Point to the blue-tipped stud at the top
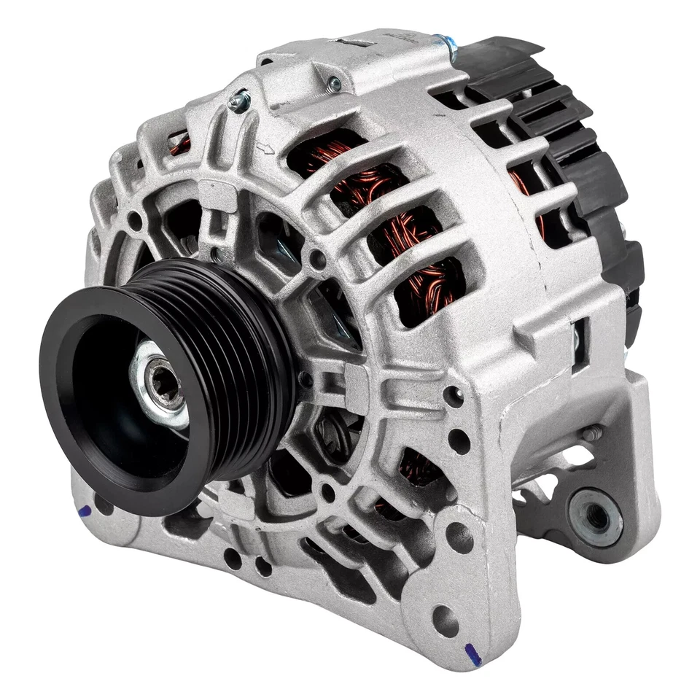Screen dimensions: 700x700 point(446,44)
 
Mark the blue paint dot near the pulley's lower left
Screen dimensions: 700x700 point(86,512)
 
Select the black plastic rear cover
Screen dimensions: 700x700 point(576,146)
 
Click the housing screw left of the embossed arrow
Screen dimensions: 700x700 point(238,101)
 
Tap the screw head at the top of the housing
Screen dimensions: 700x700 point(334,85)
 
